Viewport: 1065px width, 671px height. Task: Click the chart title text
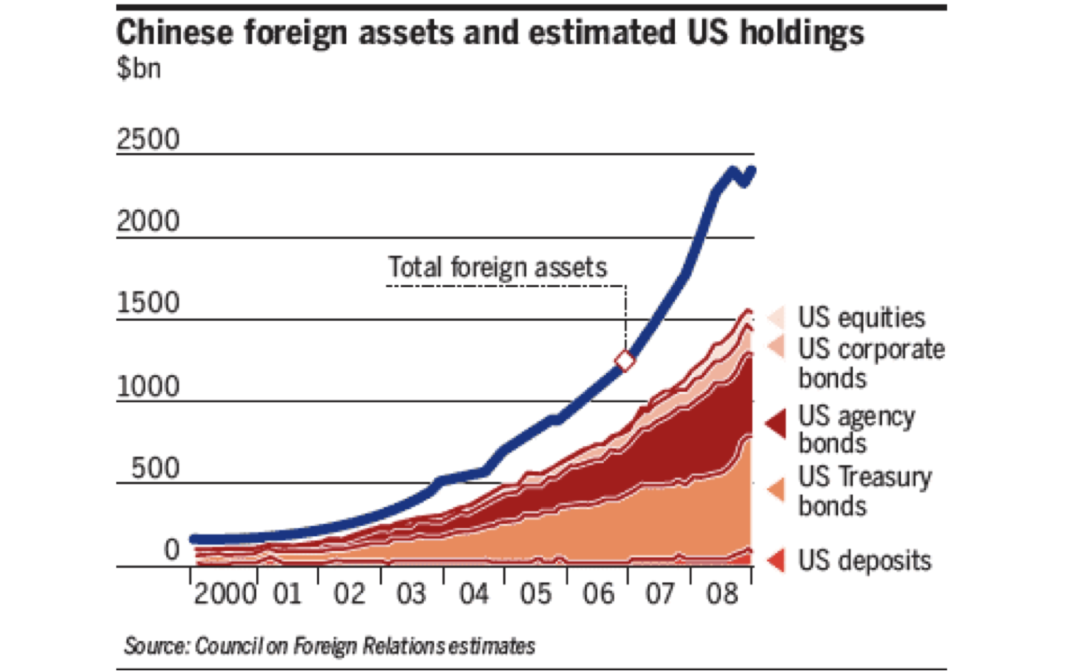[490, 33]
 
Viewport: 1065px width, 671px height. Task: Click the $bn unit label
[138, 68]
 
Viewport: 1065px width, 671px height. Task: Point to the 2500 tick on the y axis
[149, 139]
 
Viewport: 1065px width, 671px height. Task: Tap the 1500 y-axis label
[149, 303]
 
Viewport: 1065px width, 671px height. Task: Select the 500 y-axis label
[155, 468]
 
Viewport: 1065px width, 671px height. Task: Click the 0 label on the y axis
[171, 549]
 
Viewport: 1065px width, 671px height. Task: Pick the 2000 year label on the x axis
[225, 594]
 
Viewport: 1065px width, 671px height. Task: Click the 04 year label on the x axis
[474, 594]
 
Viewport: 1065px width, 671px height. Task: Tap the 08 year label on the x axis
[722, 594]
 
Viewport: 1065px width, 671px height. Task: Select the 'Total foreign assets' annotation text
[498, 267]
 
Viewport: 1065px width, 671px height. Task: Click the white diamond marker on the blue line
[625, 360]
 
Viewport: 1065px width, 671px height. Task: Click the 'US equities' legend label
[862, 317]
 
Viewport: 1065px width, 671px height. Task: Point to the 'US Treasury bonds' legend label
[865, 491]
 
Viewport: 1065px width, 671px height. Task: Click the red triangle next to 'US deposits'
[777, 560]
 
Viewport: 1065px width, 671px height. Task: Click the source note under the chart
[329, 646]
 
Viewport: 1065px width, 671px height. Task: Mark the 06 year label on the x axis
[599, 594]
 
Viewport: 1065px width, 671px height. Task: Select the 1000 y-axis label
[149, 386]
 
